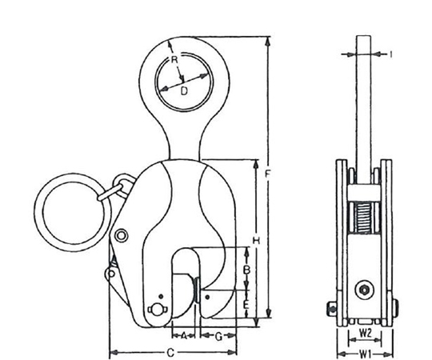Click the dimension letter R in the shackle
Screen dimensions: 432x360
pos(174,59)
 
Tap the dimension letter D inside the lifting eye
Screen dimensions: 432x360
pos(184,90)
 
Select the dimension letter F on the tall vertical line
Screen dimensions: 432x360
pos(267,174)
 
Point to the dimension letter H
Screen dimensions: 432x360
pos(257,242)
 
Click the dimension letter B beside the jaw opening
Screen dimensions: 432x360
pos(247,270)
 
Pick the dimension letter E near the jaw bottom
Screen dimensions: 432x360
pos(246,305)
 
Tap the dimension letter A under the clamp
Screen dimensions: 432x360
pos(184,335)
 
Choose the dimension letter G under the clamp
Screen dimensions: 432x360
pos(218,336)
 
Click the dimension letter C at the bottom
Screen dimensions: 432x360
pos(171,353)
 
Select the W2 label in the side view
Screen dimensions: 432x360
pos(366,334)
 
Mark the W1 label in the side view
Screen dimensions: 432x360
pos(366,353)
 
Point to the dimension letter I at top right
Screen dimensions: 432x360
pos(390,54)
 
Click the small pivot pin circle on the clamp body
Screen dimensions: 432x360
pos(121,235)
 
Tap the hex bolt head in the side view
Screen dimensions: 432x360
pos(363,290)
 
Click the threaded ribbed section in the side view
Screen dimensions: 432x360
pos(363,218)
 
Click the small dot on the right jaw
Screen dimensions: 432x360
pos(208,297)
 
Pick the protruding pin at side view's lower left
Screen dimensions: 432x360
pos(332,309)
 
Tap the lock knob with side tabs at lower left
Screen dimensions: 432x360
pos(156,310)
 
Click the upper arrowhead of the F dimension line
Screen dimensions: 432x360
pos(267,41)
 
